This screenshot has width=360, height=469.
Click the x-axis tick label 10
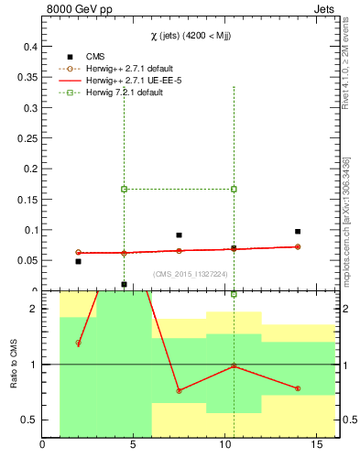[x=225, y=446]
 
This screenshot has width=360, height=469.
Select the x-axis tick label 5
[x=134, y=446]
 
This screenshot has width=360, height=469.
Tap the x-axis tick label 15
[x=317, y=446]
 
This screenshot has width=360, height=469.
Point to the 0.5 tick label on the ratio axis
[x=29, y=420]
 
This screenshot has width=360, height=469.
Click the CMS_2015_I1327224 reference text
[x=190, y=274]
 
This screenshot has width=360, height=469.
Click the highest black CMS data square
[x=298, y=231]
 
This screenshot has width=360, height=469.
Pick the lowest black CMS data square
[x=124, y=284]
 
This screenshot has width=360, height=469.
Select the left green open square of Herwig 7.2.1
[x=124, y=189]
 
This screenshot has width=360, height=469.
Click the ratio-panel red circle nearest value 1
[x=234, y=365]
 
